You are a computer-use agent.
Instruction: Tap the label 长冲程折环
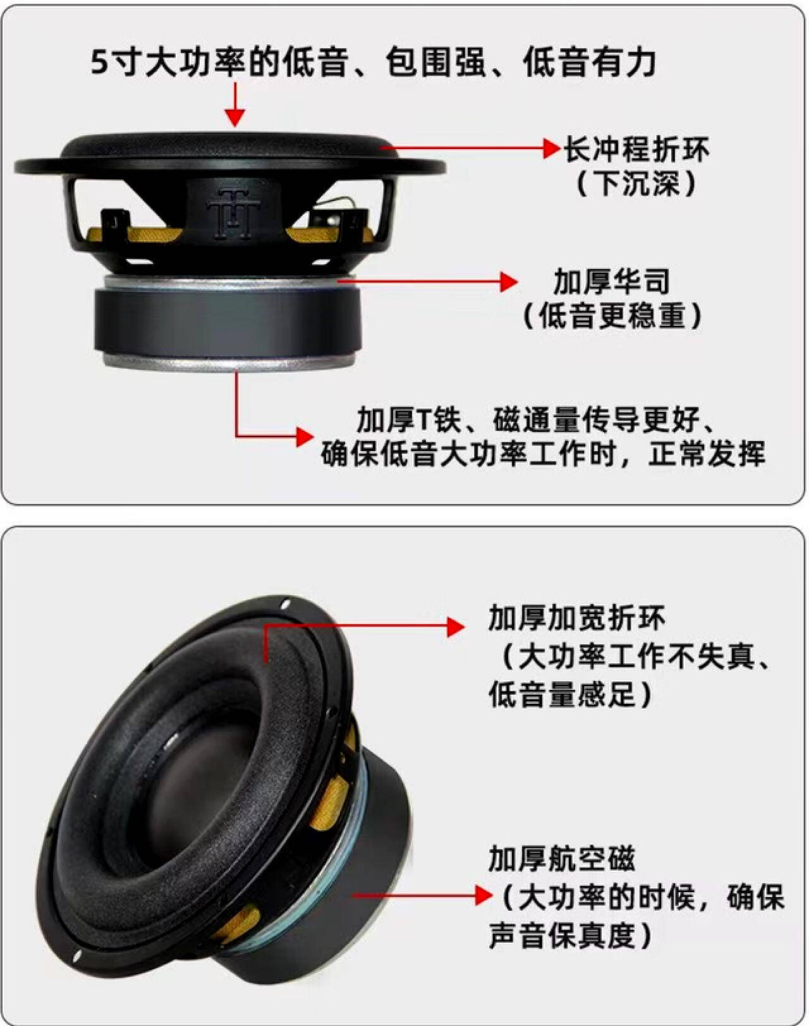636,150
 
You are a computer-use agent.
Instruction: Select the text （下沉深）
636,184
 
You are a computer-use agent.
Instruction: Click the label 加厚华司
611,281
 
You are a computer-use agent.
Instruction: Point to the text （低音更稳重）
611,315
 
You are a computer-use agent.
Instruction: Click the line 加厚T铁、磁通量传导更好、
537,419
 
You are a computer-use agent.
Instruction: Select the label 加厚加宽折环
576,618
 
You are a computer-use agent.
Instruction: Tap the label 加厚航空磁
561,859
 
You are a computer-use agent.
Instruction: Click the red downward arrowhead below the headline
235,117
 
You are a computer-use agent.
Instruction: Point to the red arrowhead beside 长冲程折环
551,149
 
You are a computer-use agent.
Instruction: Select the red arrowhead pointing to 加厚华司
509,282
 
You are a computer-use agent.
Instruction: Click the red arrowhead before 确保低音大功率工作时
305,436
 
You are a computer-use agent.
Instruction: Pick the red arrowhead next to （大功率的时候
484,895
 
